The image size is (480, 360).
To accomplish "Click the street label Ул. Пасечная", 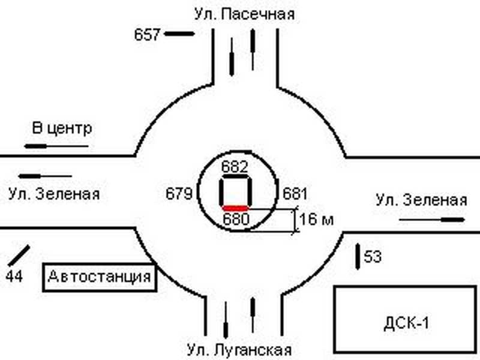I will (244, 13).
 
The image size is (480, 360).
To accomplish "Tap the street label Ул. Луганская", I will (239, 350).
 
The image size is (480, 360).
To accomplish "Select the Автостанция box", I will (98, 278).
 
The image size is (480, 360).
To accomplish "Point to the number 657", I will (147, 34).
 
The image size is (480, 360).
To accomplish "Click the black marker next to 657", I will (179, 34).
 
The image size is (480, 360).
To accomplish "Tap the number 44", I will (15, 277).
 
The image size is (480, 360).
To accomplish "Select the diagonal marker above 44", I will (19, 256).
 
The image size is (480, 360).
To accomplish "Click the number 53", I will (373, 257).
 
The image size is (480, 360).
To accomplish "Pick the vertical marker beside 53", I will (358, 255).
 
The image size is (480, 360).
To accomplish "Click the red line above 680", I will (235, 208).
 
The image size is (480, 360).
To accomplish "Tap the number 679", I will (179, 194).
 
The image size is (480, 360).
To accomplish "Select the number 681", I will (294, 194).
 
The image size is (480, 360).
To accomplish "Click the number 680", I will (235, 219).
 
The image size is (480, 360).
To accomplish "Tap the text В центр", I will (62, 128).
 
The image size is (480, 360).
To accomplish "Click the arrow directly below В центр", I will (56, 146).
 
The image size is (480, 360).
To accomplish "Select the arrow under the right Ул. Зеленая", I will (427, 220).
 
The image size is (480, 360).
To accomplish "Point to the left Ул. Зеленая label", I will (54, 194).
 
